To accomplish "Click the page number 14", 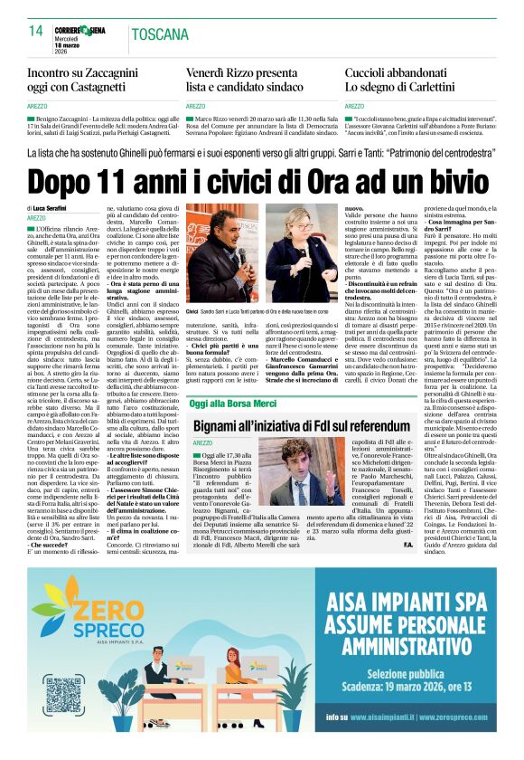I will (x=36, y=31).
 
